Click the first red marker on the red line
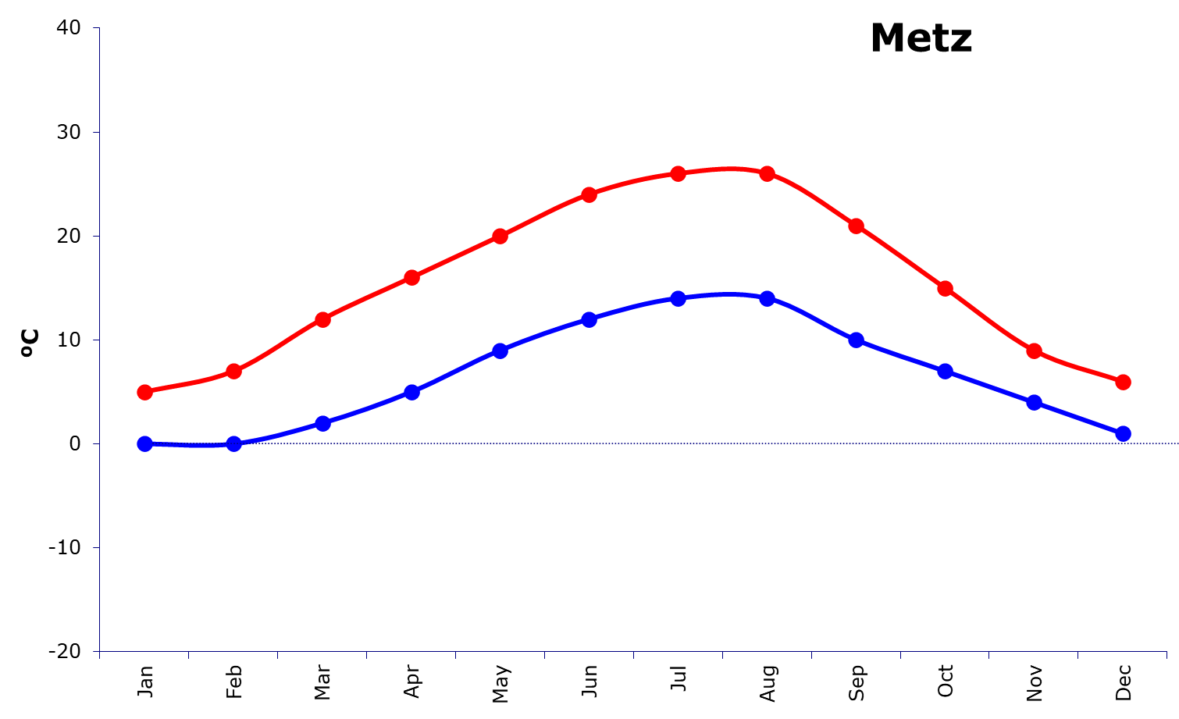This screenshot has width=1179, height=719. pyautogui.click(x=144, y=392)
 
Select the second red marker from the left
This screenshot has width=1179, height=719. pyautogui.click(x=233, y=371)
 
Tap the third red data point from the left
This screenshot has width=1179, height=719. pyautogui.click(x=322, y=319)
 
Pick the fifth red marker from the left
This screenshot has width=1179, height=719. pyautogui.click(x=500, y=237)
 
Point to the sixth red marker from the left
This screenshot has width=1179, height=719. pyautogui.click(x=589, y=194)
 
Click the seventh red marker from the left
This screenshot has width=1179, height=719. pyautogui.click(x=679, y=173)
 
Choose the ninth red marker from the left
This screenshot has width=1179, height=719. pyautogui.click(x=857, y=226)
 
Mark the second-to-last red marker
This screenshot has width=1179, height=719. pyautogui.click(x=1035, y=351)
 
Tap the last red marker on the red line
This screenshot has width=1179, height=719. pyautogui.click(x=1124, y=382)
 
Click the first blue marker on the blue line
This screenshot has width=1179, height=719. pyautogui.click(x=144, y=444)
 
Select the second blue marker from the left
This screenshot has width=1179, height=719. pyautogui.click(x=233, y=444)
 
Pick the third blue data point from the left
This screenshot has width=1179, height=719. pyautogui.click(x=322, y=423)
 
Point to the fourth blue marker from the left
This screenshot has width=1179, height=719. pyautogui.click(x=411, y=392)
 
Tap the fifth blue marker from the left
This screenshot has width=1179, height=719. pyautogui.click(x=500, y=351)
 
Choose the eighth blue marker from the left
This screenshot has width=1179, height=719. pyautogui.click(x=768, y=298)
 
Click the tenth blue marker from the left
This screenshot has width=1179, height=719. pyautogui.click(x=946, y=371)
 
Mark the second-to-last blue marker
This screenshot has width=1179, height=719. pyautogui.click(x=1035, y=402)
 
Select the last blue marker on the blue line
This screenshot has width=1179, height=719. pyautogui.click(x=1124, y=433)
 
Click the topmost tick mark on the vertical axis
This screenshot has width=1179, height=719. pyautogui.click(x=96, y=29)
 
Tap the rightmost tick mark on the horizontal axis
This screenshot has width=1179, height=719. pyautogui.click(x=1167, y=655)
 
